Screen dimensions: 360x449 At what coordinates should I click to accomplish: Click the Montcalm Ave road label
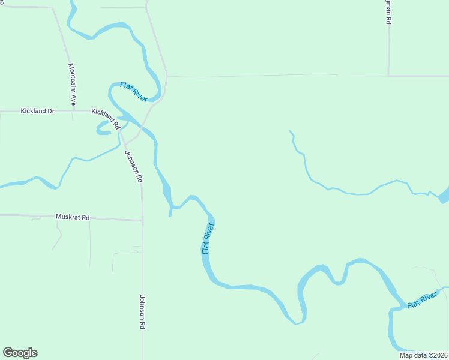72,85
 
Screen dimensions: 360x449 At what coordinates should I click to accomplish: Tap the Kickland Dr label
37,111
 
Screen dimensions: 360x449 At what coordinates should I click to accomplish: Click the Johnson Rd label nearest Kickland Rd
134,166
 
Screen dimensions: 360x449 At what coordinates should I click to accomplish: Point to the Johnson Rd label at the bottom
143,311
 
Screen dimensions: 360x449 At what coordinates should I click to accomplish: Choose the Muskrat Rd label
72,217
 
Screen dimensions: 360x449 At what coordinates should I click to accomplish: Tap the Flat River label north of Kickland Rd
133,92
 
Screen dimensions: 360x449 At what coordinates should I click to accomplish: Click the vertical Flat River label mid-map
208,238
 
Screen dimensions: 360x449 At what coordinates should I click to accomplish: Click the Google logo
20,353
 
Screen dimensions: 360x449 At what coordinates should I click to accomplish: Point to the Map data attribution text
423,355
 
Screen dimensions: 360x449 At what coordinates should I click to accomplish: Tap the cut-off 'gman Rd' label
388,12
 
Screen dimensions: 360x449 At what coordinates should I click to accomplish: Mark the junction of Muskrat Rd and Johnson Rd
142,220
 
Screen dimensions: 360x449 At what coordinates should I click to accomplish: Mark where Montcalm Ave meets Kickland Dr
73,111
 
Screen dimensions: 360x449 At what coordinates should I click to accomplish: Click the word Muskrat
67,217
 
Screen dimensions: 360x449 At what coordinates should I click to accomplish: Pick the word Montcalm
72,79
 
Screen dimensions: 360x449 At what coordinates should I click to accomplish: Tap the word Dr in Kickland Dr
50,111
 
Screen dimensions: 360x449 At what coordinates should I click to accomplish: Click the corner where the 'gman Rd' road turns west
388,76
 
